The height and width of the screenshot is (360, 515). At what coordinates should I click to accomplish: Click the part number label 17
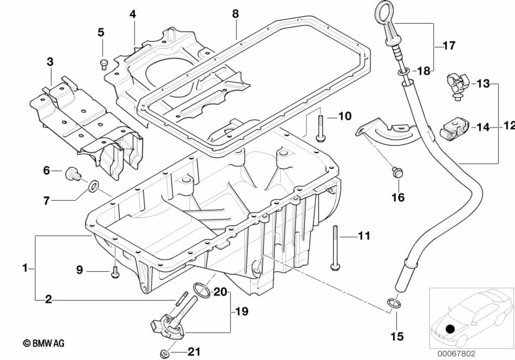[x=449, y=46]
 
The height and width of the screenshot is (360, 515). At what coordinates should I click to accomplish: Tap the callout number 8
[x=235, y=14]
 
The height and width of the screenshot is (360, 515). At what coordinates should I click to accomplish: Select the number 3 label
[x=50, y=62]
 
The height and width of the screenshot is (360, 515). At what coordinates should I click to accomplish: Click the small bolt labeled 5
[x=102, y=62]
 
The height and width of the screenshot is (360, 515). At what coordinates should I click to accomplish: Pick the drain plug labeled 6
[x=72, y=173]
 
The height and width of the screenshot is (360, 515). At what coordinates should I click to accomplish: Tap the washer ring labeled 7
[x=94, y=187]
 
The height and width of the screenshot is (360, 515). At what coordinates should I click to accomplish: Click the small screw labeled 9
[x=114, y=272]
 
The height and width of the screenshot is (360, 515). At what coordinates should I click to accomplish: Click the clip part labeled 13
[x=456, y=85]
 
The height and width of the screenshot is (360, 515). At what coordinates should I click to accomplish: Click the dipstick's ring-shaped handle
[x=382, y=15]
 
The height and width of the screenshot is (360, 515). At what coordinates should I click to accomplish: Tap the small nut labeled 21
[x=166, y=352]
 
